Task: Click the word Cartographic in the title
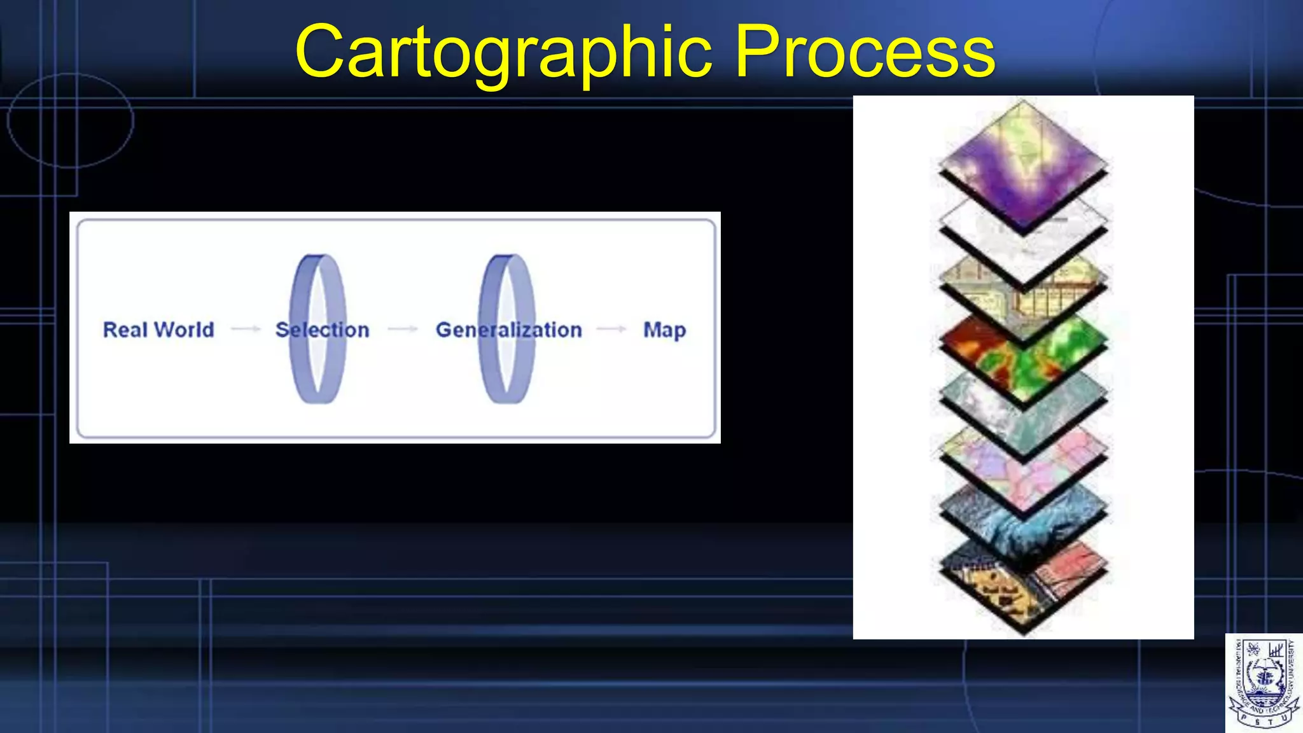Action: [x=503, y=52]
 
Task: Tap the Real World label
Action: [x=158, y=330]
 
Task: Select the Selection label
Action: [x=323, y=330]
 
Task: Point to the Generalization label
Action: [x=508, y=330]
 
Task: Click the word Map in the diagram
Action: [x=664, y=330]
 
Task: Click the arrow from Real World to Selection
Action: [x=246, y=329]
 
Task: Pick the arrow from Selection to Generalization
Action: [x=403, y=329]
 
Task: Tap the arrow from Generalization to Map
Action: [x=611, y=329]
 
